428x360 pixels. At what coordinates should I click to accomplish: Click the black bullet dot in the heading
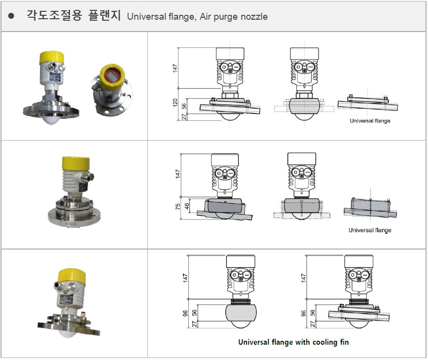(x=11, y=16)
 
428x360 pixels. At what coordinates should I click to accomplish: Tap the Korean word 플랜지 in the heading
(x=105, y=15)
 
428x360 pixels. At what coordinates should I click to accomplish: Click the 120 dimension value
(x=175, y=103)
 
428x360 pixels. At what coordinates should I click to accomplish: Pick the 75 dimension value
(x=178, y=206)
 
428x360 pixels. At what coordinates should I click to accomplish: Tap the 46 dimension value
(x=187, y=206)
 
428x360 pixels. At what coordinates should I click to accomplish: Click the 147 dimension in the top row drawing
(x=175, y=68)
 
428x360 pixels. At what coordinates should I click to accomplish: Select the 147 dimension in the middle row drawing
(x=178, y=174)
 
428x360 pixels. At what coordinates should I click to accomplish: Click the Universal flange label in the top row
(x=370, y=121)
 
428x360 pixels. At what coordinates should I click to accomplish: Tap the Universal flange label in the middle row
(x=370, y=230)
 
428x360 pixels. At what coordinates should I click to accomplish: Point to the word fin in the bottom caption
(x=345, y=342)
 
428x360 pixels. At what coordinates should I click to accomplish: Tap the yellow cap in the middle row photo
(x=75, y=163)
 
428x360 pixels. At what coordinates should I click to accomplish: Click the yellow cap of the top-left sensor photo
(x=52, y=57)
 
